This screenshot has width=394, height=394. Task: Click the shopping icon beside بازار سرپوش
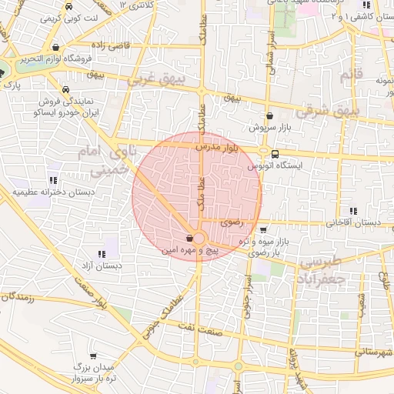[269, 115]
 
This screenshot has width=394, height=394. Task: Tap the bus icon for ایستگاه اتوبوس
[264, 152]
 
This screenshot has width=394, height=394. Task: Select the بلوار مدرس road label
[218, 145]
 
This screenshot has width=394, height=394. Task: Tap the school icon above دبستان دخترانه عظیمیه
[53, 179]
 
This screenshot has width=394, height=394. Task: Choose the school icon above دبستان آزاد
[101, 254]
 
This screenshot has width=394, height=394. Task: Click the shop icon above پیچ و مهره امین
[190, 239]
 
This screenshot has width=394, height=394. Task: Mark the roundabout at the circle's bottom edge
[199, 239]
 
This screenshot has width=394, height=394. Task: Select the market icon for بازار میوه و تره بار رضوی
[264, 229]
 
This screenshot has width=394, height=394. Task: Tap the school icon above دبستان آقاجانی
[353, 211]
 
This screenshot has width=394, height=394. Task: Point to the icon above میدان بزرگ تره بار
[94, 356]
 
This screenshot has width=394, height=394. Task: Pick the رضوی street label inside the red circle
[231, 222]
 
